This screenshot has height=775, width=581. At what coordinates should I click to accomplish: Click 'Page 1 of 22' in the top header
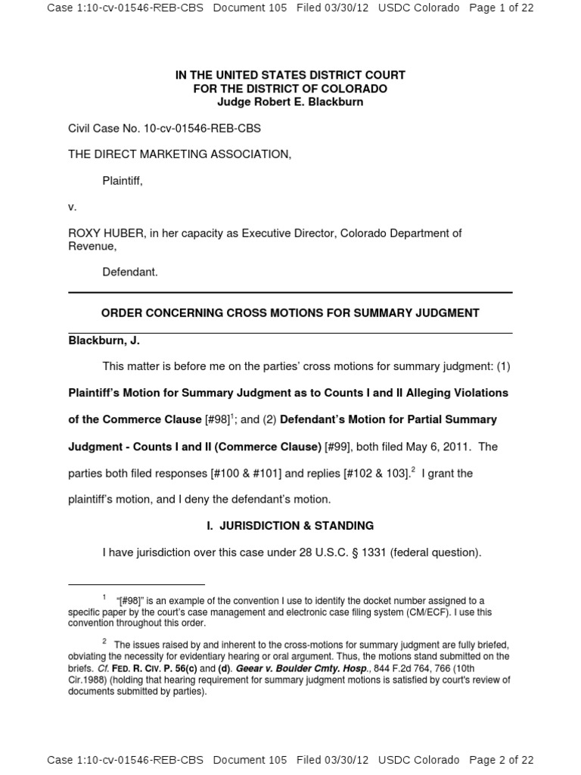tap(502, 8)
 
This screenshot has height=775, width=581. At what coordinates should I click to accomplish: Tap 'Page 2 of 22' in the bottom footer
tap(502, 760)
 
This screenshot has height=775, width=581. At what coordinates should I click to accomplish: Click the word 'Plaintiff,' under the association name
tap(123, 180)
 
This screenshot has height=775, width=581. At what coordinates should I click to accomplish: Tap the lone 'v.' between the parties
tap(73, 207)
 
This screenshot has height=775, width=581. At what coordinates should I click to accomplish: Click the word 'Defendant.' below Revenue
tap(130, 272)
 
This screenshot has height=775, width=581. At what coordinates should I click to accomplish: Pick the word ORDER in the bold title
tap(121, 313)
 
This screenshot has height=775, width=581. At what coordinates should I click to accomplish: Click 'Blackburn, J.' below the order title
tap(104, 341)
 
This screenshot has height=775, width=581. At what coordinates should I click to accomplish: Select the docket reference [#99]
tap(337, 447)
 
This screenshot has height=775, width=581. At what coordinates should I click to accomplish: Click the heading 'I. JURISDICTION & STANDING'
tap(290, 525)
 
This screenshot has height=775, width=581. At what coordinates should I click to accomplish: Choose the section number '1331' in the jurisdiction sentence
tap(371, 552)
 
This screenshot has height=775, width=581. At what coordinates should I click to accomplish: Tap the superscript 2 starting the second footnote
tap(104, 641)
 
